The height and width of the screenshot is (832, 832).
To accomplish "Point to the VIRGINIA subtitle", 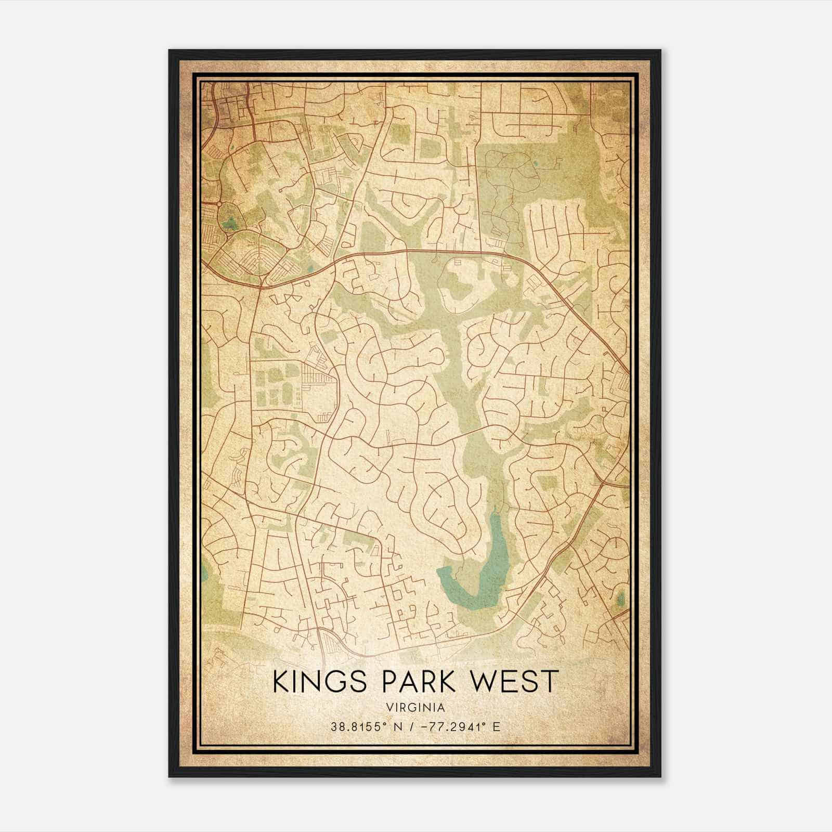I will coord(416,708).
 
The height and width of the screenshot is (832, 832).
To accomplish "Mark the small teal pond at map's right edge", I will coord(621,598).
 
